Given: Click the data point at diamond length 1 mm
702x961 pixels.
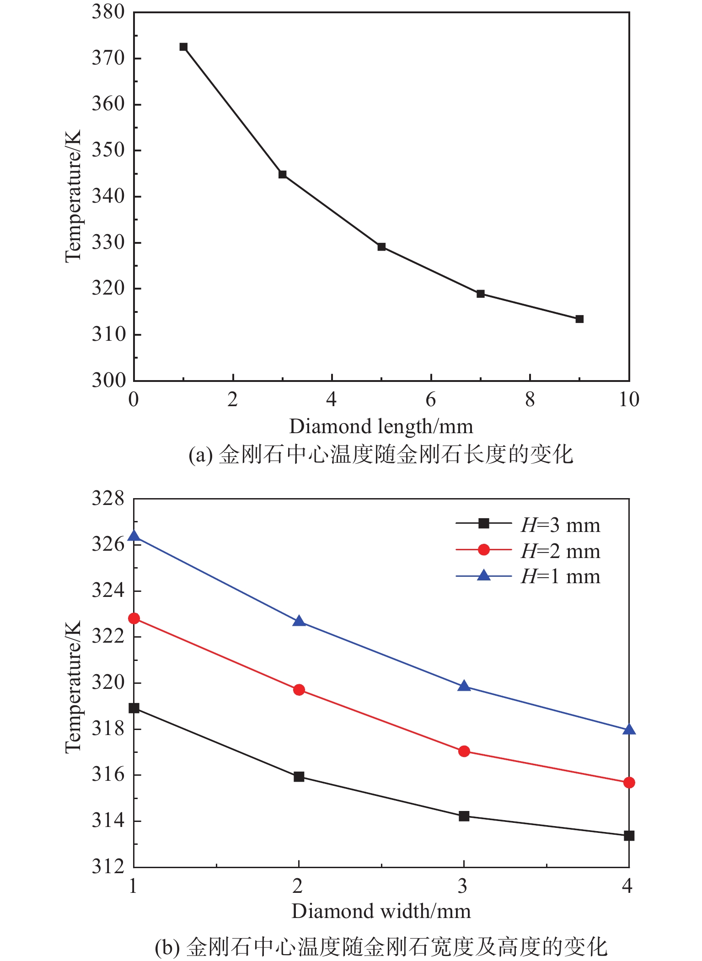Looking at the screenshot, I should (x=183, y=47).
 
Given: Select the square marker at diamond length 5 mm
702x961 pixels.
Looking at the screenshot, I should (x=381, y=247).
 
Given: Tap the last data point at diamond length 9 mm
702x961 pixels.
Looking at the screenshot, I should (x=579, y=319).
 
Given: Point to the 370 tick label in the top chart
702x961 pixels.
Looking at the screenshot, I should (x=108, y=59).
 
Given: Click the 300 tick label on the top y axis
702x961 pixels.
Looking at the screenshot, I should (x=108, y=380).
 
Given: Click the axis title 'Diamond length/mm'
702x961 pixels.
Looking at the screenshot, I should (x=381, y=427).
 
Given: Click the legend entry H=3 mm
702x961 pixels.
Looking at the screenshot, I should (x=560, y=525).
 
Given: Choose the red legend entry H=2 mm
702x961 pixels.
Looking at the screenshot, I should (x=560, y=551).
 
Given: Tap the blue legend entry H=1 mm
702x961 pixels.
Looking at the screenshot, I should (x=560, y=576).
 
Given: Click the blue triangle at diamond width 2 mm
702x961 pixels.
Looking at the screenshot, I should (x=299, y=621).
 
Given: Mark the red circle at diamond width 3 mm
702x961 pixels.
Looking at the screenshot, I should (x=464, y=751).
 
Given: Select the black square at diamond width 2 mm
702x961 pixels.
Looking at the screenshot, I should (x=299, y=776).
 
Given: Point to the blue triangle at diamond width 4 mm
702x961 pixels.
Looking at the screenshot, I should (x=629, y=730).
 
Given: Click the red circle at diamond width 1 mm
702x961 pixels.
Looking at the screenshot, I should (x=134, y=618).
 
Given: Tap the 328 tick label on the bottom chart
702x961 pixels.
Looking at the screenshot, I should (x=108, y=499).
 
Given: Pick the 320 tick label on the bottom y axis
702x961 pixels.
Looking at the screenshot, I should (x=108, y=682).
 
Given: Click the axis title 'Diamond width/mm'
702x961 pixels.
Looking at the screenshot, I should (x=381, y=911).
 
